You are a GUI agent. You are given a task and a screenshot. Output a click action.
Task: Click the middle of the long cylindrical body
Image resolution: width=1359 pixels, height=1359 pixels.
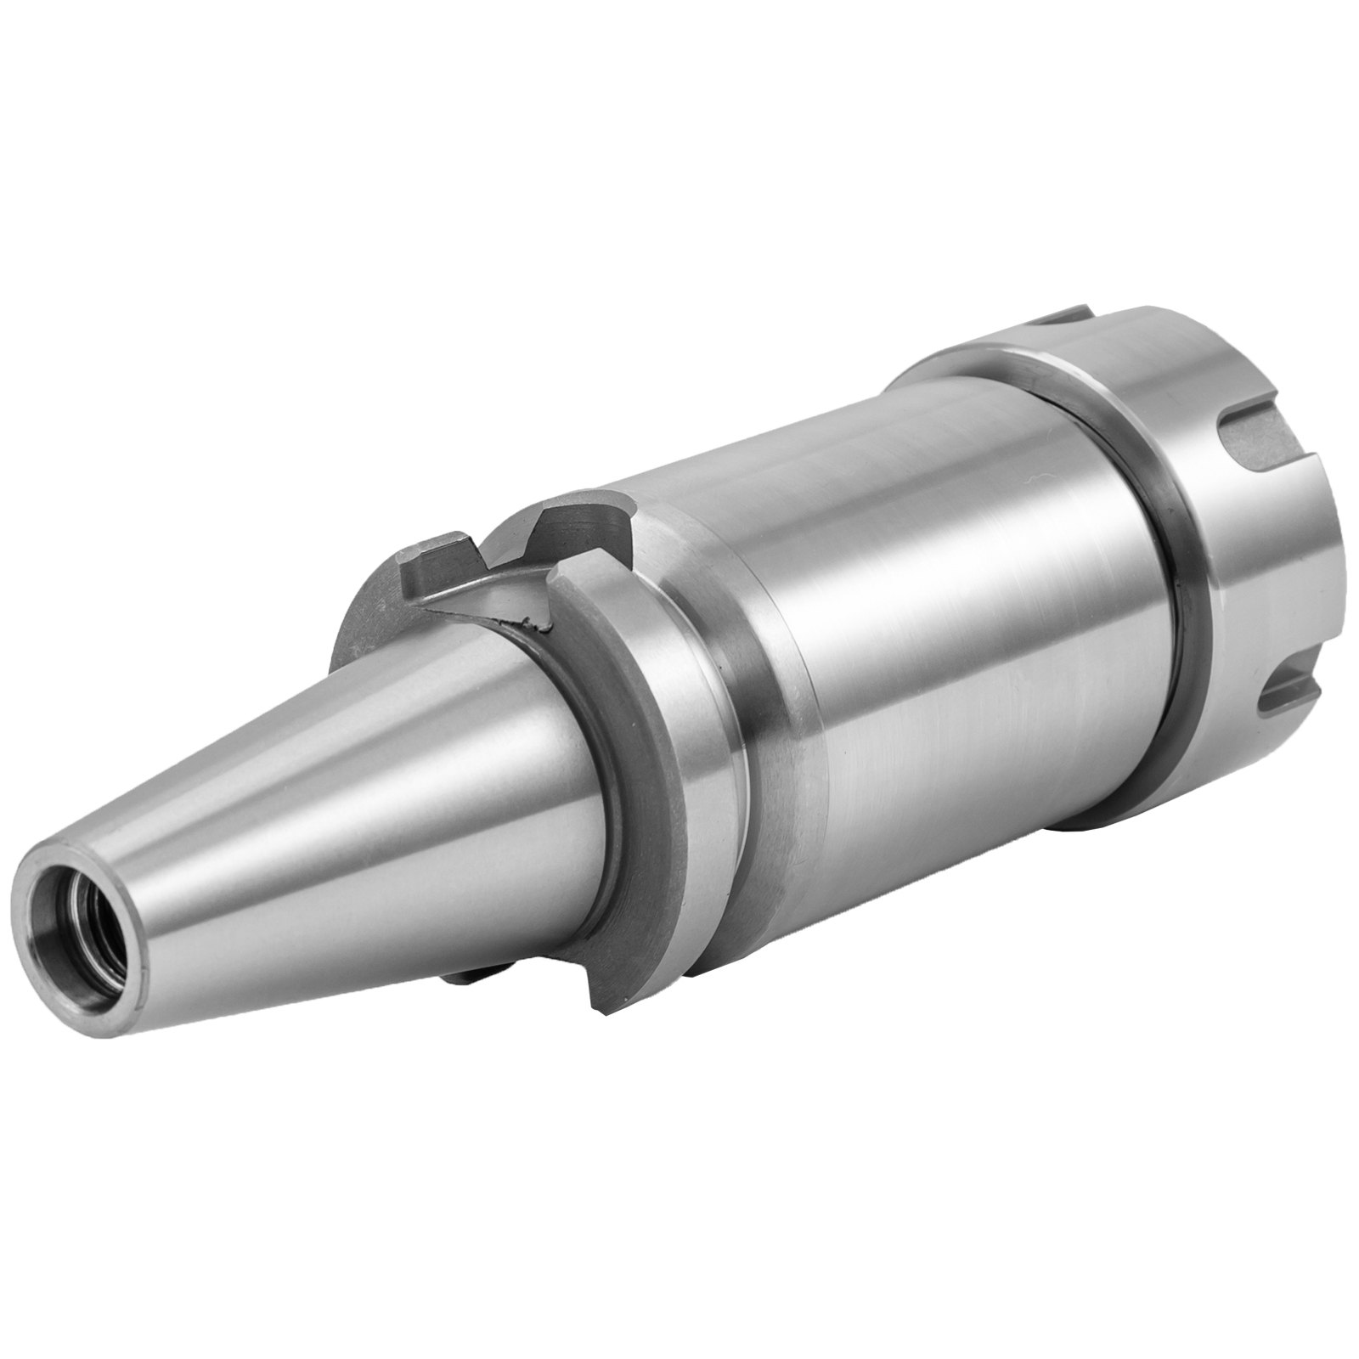pos(960,679)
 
